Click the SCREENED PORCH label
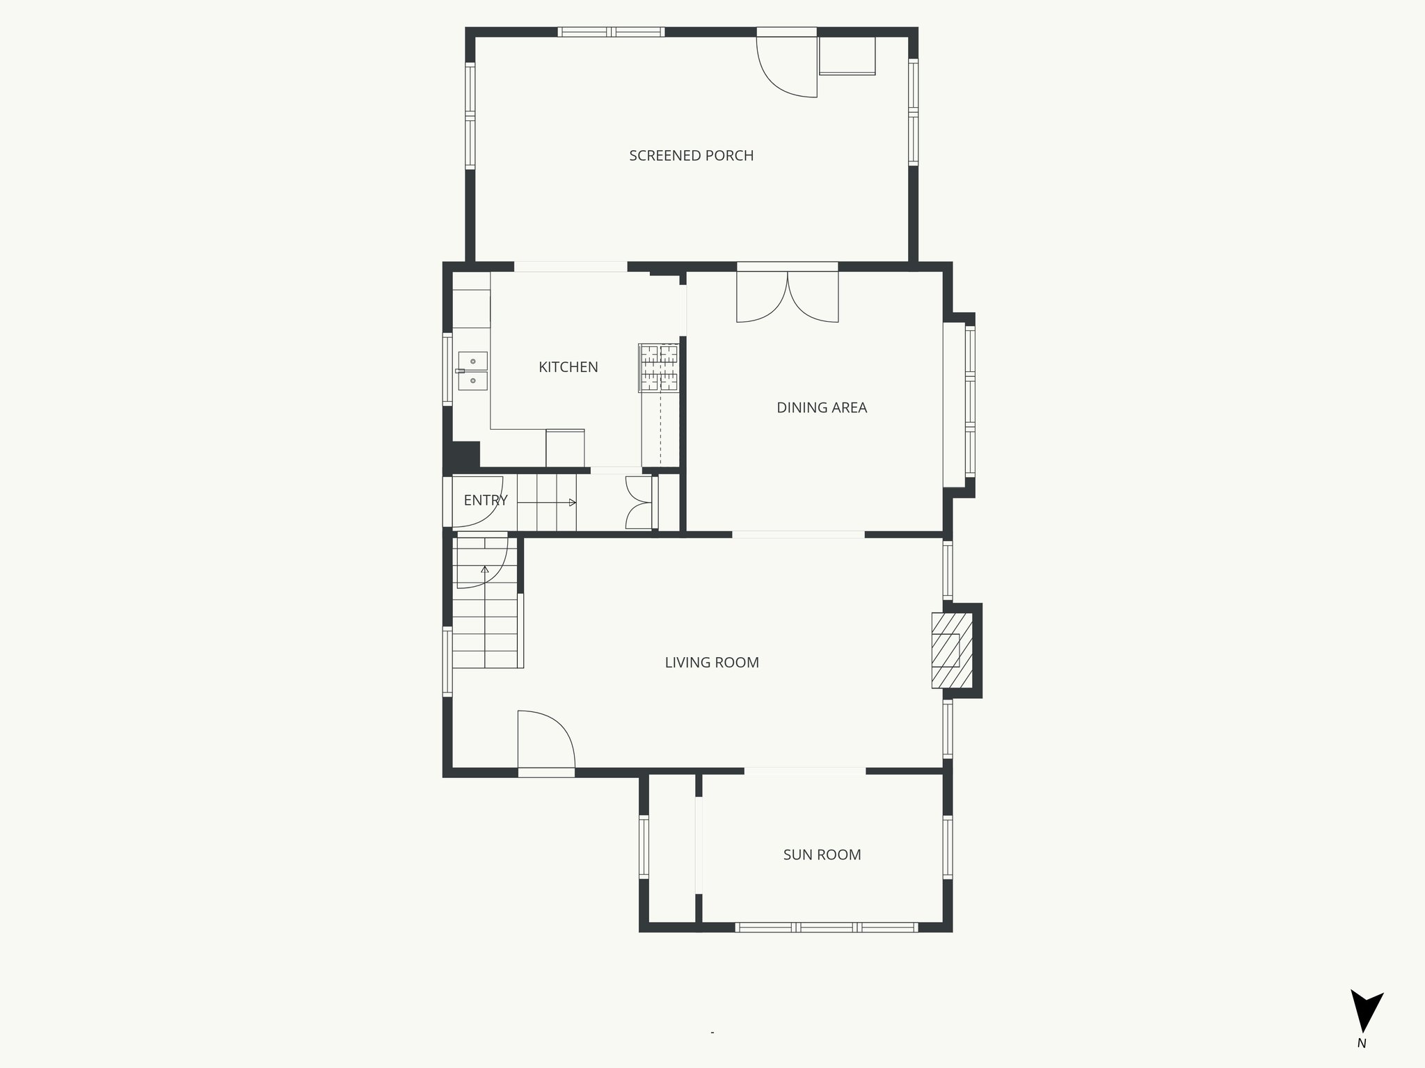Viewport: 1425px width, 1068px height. point(691,156)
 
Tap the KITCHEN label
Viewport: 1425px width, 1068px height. point(568,367)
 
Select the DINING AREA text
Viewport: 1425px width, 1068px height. point(821,407)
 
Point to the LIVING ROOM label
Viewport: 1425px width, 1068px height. point(711,663)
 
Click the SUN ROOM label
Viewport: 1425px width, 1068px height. point(822,855)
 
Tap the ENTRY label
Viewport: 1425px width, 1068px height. point(485,500)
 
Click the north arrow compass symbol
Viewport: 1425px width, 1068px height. point(1366,1019)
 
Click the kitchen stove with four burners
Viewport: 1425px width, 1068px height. point(658,368)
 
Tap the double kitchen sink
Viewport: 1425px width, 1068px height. point(473,371)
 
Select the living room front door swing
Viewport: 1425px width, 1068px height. point(546,738)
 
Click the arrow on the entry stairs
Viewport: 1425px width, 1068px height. point(572,502)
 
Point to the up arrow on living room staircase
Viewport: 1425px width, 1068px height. point(485,569)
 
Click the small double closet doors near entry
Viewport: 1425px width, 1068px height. point(639,502)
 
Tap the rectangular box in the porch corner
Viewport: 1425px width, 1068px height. point(847,56)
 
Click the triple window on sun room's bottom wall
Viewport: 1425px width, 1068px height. point(826,926)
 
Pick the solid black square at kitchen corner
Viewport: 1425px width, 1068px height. point(465,455)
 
